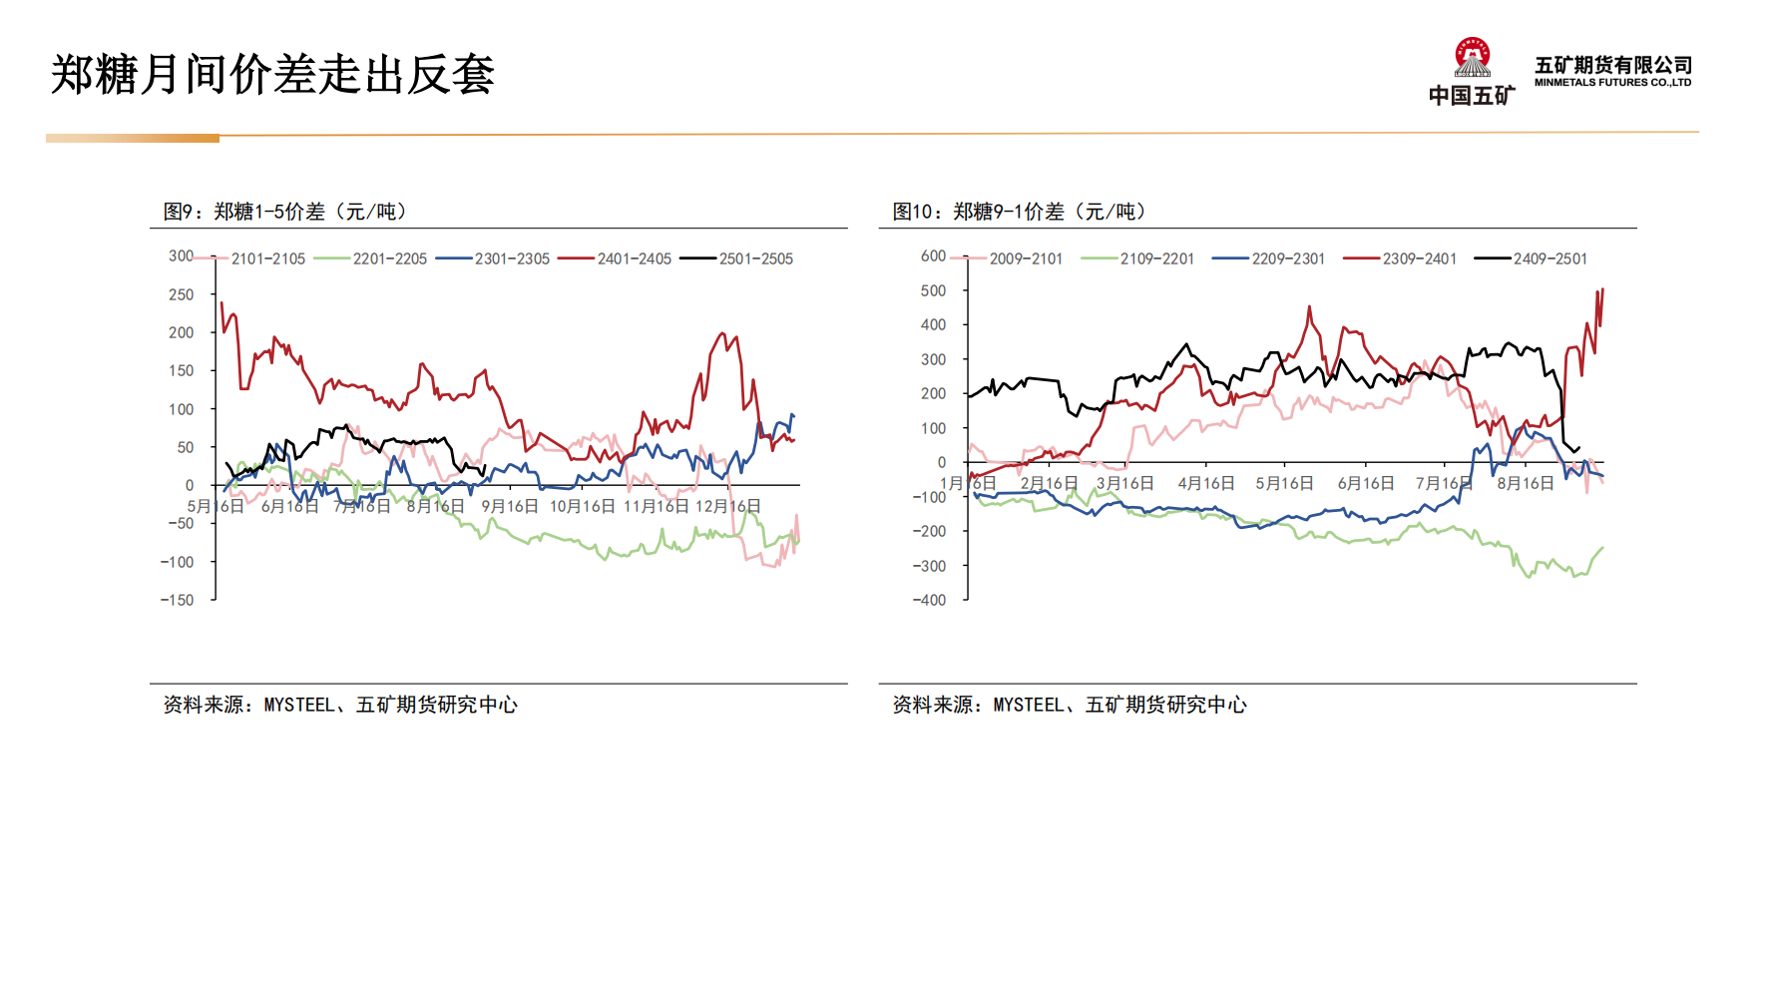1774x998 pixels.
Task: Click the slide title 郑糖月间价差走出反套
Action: point(272,75)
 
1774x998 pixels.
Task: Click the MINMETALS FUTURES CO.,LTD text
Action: point(1612,83)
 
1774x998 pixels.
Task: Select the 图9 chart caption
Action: point(285,212)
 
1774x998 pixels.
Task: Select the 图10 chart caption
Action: point(1020,212)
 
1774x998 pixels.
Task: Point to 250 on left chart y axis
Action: point(182,294)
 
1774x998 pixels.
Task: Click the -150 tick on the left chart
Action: point(178,600)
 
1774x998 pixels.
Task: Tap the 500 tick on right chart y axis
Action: point(933,290)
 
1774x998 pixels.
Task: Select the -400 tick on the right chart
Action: point(929,600)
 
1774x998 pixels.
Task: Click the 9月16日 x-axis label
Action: point(510,506)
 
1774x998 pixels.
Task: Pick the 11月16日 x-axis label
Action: point(656,506)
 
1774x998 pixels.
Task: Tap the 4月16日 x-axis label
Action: point(1205,483)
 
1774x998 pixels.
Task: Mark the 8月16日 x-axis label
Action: point(1525,483)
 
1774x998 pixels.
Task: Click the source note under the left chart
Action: point(340,705)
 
